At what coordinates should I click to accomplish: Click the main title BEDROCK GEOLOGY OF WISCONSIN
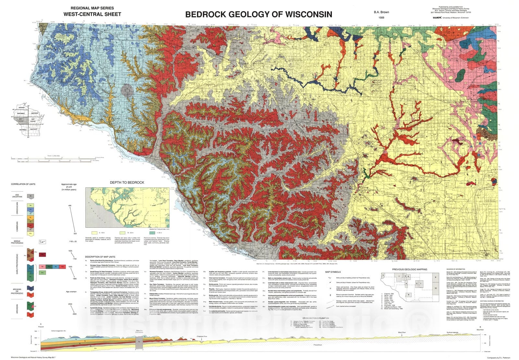(259, 14)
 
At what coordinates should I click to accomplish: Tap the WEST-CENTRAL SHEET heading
(92, 14)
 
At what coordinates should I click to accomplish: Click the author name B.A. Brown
(381, 12)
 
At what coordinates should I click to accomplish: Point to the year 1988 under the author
(381, 18)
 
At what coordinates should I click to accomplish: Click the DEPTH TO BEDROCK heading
(127, 182)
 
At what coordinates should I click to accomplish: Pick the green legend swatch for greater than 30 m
(152, 233)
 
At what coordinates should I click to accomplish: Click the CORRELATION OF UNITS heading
(23, 184)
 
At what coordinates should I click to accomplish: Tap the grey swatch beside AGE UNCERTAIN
(30, 196)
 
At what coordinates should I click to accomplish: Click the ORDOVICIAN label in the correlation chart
(18, 208)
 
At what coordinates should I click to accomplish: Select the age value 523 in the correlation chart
(75, 234)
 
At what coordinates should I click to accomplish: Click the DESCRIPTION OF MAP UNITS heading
(100, 257)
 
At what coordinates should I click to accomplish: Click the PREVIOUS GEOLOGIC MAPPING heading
(409, 269)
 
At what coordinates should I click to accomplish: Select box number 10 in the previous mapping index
(436, 288)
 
